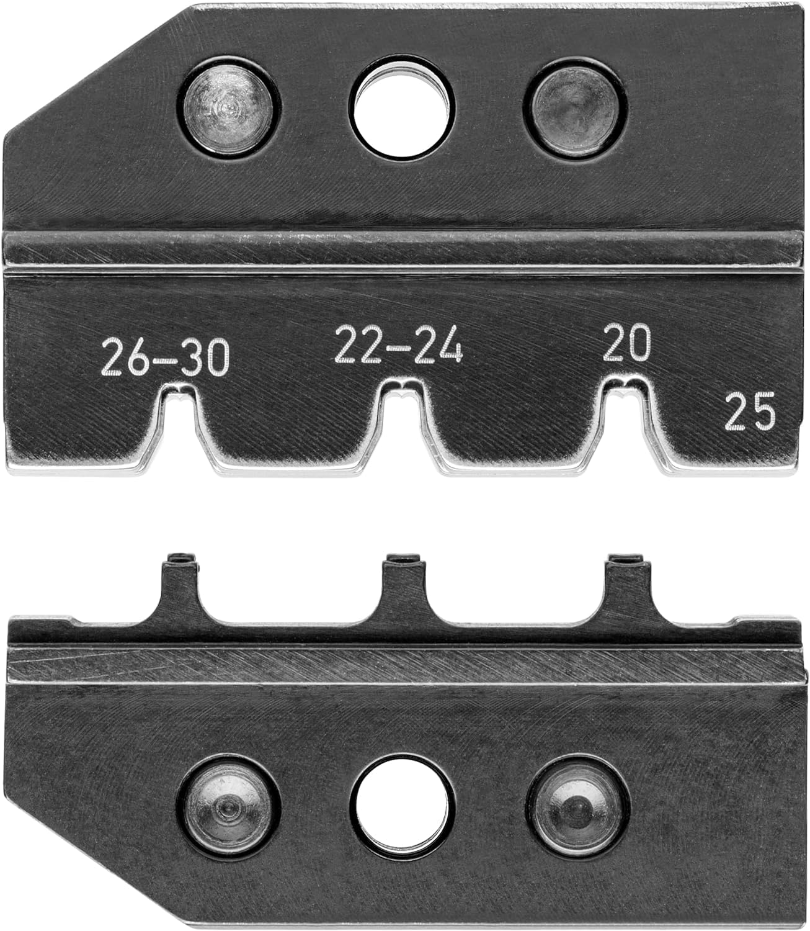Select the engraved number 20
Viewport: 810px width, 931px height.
click(628, 342)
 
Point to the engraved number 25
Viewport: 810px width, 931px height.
click(750, 412)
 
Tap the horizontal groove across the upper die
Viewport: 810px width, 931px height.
click(403, 252)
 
